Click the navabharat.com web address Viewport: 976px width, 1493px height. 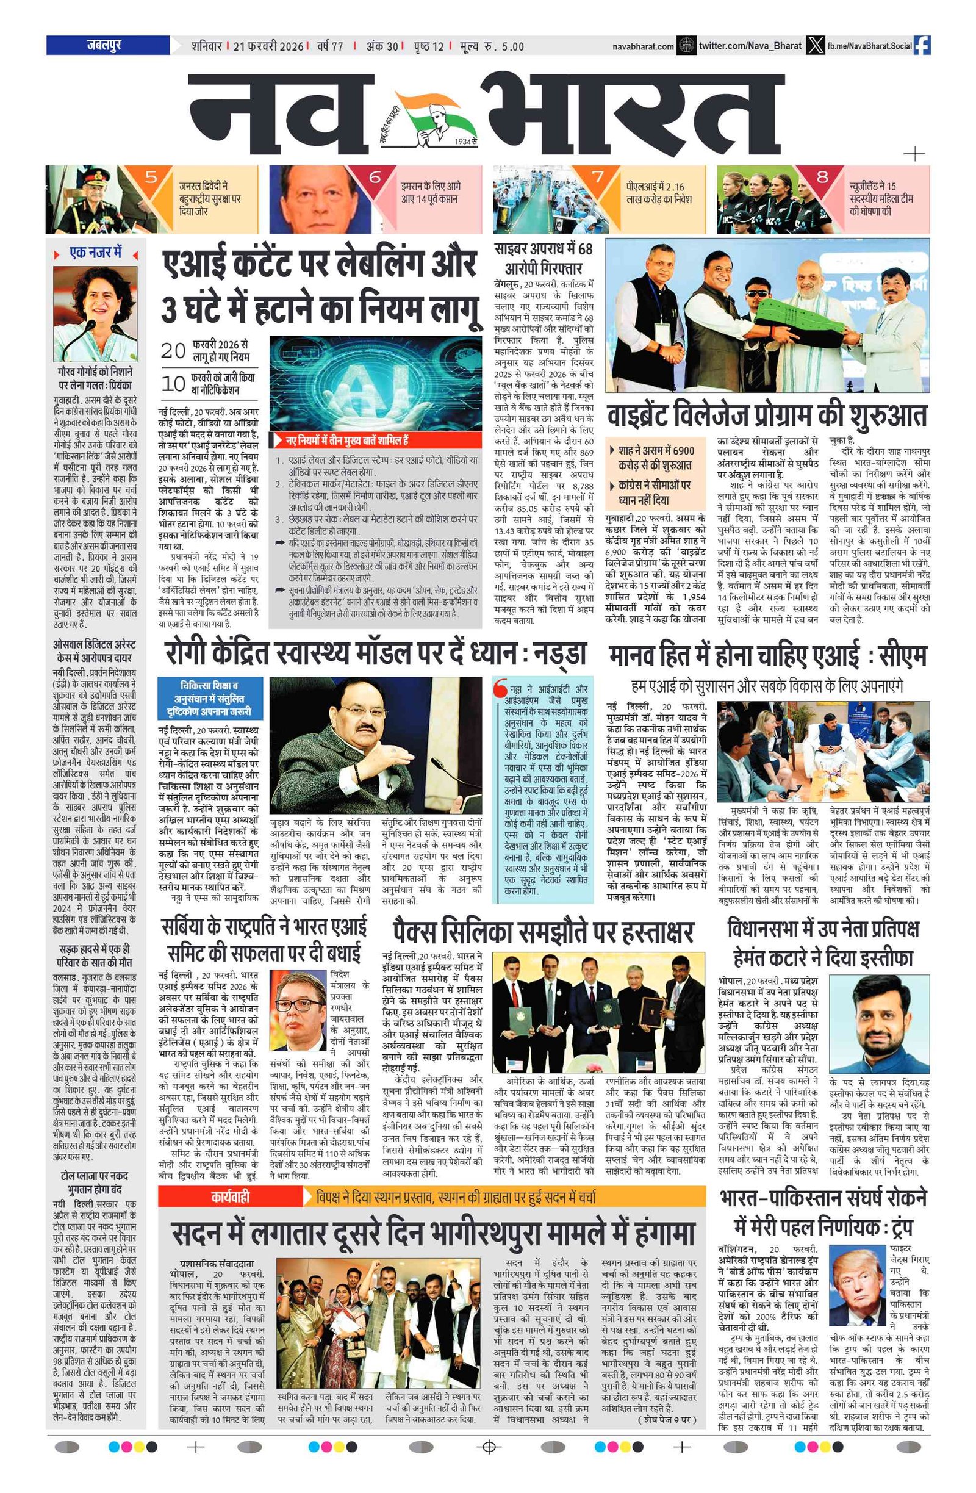[x=642, y=46]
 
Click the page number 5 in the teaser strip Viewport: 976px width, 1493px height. [x=151, y=177]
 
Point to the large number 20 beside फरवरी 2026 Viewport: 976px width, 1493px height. [x=173, y=350]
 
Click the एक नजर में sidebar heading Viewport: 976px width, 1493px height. [x=95, y=253]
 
